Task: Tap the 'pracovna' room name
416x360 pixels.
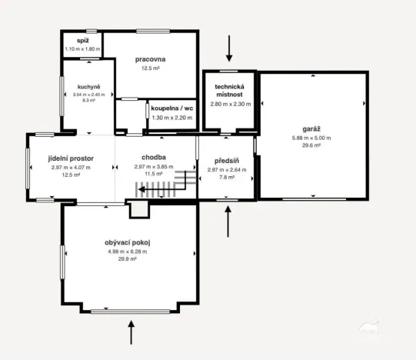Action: coord(150,59)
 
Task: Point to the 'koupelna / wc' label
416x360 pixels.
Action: coord(172,108)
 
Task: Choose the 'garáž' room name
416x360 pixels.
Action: coord(311,130)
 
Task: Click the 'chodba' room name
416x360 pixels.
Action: coord(150,158)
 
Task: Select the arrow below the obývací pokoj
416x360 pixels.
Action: coord(131,332)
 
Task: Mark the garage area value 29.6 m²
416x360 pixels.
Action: coord(311,145)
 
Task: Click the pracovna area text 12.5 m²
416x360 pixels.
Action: coord(150,68)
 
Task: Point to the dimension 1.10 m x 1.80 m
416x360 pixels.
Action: coord(82,48)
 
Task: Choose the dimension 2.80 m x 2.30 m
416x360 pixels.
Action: coord(229,103)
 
